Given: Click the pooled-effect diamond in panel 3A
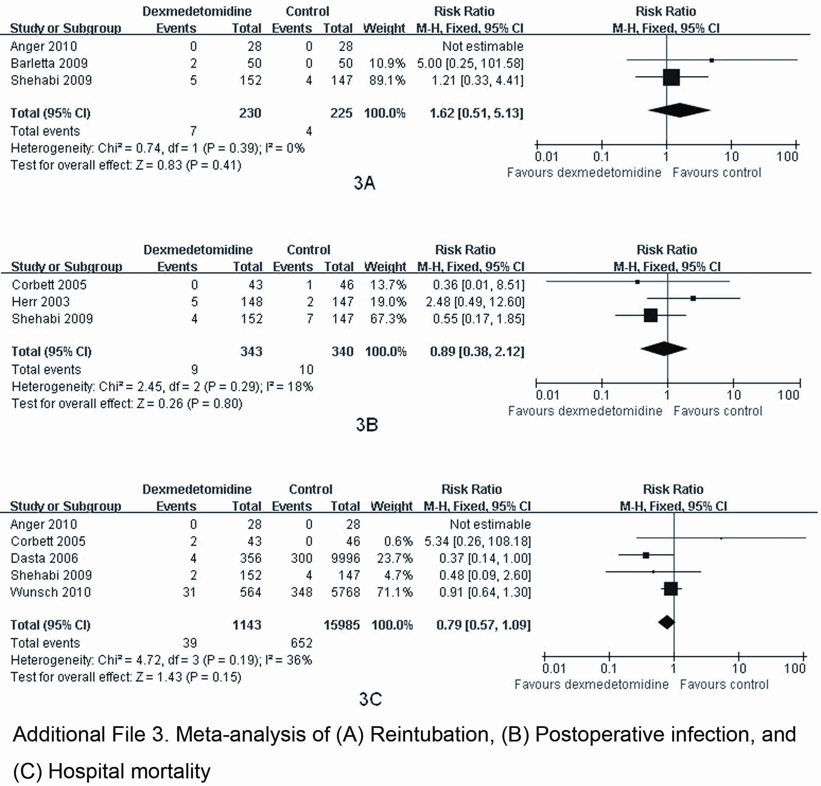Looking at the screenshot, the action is click(679, 110).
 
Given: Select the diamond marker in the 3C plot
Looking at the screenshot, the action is click(667, 622).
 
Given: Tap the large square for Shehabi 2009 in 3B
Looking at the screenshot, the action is click(650, 315).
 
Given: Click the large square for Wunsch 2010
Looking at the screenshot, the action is click(670, 588).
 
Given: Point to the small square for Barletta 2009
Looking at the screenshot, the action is click(712, 60).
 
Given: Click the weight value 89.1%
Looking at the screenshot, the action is click(387, 80).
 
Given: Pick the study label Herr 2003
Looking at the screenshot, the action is click(41, 301).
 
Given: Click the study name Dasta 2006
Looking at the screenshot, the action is click(45, 558).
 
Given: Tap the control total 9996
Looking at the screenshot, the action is click(345, 558).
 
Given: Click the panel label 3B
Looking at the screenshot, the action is click(367, 425).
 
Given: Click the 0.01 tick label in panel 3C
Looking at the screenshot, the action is click(554, 669).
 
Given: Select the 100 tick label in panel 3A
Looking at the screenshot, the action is click(787, 156).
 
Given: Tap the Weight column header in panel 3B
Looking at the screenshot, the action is click(385, 267).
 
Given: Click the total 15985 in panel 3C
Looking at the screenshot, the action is click(342, 625).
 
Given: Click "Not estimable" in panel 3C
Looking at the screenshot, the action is click(490, 524).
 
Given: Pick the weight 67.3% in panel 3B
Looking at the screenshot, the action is click(388, 318).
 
